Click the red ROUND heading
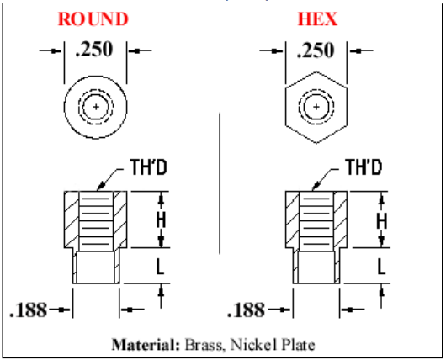pos(93,19)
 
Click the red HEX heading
pos(317,19)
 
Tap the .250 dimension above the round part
pos(95,50)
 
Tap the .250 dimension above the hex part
pos(316,50)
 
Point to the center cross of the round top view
pos(96,107)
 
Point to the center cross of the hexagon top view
pos(316,107)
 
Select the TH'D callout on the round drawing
pos(148,167)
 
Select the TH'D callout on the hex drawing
pos(364,167)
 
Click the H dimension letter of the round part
pos(161,220)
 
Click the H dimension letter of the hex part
pos(382,221)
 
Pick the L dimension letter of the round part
pos(161,267)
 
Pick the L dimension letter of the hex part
pos(381,267)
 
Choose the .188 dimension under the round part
pos(29,310)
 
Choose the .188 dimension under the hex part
pos(247,310)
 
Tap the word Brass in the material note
pos(204,345)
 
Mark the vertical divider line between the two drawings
pos(220,183)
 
